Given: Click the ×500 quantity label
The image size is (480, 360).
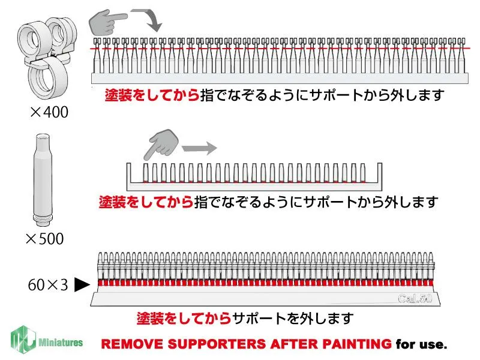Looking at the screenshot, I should tap(44, 239).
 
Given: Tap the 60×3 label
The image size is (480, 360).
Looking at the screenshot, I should tap(48, 284).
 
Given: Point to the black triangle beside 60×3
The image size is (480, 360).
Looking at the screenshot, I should tap(82, 285).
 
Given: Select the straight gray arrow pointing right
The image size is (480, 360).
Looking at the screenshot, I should tap(198, 146).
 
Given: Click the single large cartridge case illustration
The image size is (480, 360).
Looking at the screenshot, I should tap(42, 178).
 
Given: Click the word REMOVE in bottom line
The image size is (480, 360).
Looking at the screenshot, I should tap(127, 345).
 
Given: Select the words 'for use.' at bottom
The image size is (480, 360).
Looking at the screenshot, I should tap(422, 345).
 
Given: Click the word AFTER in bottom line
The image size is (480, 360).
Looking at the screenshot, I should tap(286, 345).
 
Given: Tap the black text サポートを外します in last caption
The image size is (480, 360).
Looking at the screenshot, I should tap(293, 317).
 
